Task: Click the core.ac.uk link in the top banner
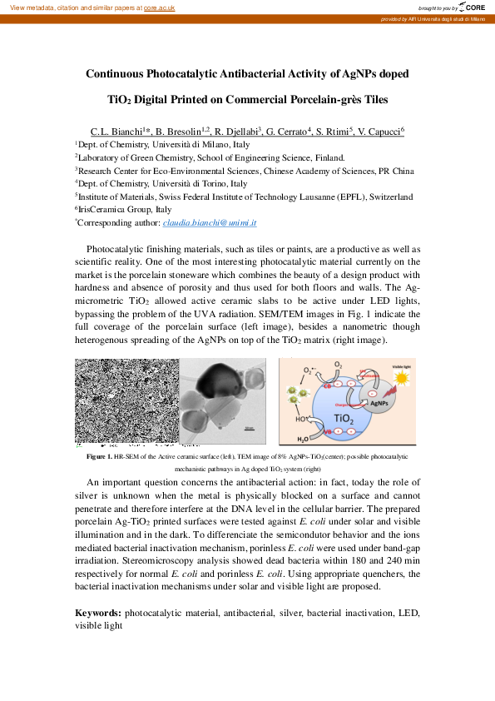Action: (x=159, y=7)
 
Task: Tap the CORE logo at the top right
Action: (x=472, y=7)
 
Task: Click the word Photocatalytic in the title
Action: (x=185, y=74)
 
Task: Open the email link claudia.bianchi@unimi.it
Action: (x=210, y=223)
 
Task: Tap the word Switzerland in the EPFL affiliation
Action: (x=385, y=197)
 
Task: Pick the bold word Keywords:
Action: (x=97, y=613)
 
